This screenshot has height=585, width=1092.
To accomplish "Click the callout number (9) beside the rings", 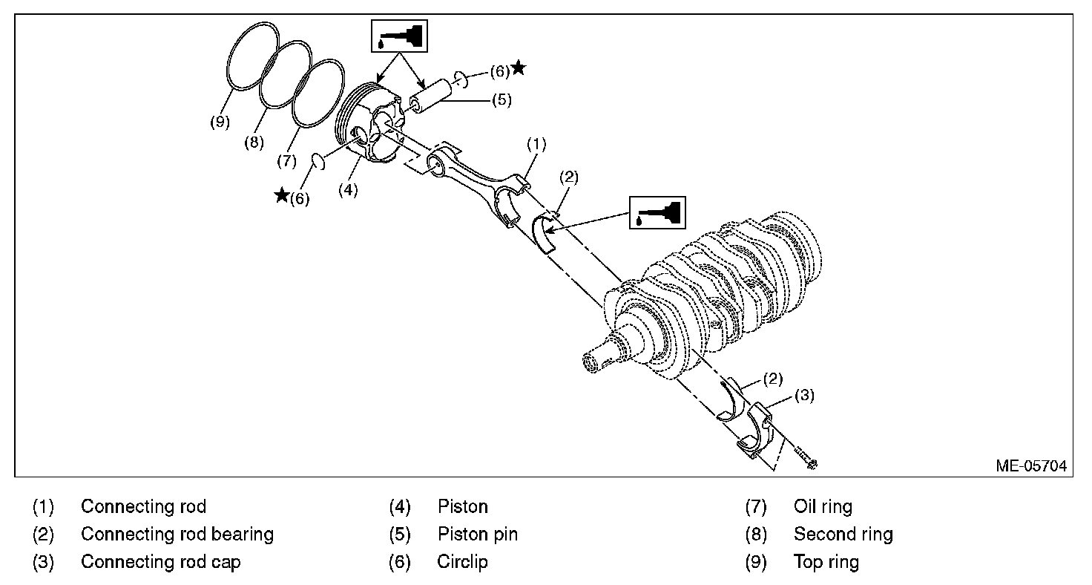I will [x=220, y=122].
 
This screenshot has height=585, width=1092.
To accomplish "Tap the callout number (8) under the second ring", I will [x=254, y=143].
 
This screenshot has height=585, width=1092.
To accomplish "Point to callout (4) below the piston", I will [x=348, y=189].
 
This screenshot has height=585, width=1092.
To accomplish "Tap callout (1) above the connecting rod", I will [x=536, y=143].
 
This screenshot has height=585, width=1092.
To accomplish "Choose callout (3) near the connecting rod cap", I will [x=804, y=396].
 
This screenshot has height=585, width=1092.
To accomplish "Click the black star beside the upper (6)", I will [x=519, y=68].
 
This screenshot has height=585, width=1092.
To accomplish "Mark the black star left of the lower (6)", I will [x=282, y=195].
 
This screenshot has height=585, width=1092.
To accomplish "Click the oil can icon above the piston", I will [x=400, y=36].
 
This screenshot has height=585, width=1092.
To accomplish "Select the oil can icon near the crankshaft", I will [x=658, y=212].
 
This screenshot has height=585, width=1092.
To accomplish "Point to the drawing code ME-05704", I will [x=1031, y=466].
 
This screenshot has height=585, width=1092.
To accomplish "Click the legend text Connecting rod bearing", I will [x=177, y=534].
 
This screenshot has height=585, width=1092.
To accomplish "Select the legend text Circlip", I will [x=462, y=561].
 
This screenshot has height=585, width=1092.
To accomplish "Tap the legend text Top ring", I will [x=826, y=561].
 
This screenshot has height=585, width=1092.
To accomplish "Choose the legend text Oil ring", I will [x=823, y=506].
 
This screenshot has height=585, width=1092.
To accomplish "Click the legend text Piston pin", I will [x=478, y=534].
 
